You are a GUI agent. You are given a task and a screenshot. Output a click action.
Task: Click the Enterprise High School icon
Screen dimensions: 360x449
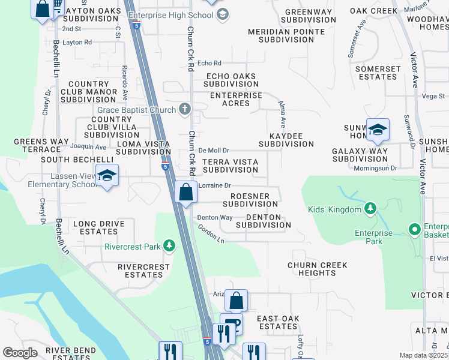click(x=222, y=14)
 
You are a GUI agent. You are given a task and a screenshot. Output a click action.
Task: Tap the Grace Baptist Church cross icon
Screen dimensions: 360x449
click(x=185, y=109)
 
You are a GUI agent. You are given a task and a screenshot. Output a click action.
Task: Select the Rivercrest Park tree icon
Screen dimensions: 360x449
click(x=170, y=246)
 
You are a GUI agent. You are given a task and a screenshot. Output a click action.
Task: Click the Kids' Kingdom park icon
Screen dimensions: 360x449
click(x=371, y=209)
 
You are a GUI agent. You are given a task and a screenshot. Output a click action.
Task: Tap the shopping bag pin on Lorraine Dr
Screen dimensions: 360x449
click(x=185, y=193)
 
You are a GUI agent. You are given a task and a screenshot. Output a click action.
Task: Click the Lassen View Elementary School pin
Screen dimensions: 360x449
click(x=107, y=176)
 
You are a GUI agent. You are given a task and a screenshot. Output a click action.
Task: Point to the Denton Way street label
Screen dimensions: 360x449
click(x=215, y=217)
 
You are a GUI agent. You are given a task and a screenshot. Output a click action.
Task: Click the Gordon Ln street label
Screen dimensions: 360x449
click(x=211, y=236)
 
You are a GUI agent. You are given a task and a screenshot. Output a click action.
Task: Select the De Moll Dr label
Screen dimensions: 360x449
click(x=214, y=151)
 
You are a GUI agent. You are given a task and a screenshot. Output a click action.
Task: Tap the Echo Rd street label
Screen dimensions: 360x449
click(x=209, y=63)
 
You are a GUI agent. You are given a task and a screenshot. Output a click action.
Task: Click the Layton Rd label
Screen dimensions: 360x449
click(x=77, y=42)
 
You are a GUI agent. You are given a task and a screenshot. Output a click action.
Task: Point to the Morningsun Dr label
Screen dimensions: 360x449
click(x=376, y=169)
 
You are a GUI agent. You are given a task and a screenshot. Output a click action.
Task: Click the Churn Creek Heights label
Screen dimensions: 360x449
click(x=312, y=269)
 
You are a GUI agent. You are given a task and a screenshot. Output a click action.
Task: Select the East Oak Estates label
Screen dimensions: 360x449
click(x=277, y=322)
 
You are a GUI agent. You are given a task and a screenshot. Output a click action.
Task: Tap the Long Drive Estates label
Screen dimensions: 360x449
click(x=98, y=228)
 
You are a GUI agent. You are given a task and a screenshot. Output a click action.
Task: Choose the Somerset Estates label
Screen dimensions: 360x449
click(x=378, y=73)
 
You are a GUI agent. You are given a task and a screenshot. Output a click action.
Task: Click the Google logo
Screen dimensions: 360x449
click(x=20, y=353)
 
